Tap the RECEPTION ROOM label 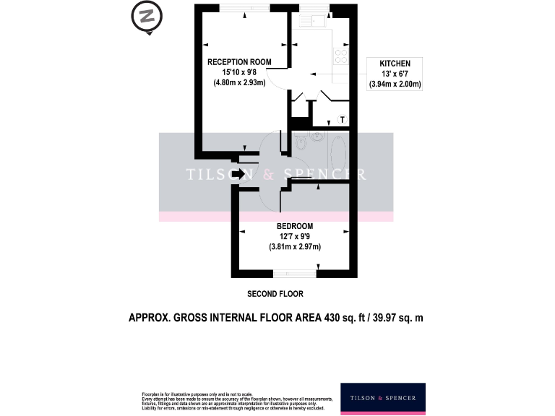click(x=240, y=62)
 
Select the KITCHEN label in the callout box click(x=395, y=64)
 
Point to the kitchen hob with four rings click(x=340, y=56)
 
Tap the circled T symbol click(x=343, y=119)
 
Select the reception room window click(x=243, y=7)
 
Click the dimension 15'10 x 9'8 click(x=240, y=72)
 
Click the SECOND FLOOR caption click(x=275, y=294)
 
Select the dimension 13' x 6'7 click(x=395, y=74)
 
